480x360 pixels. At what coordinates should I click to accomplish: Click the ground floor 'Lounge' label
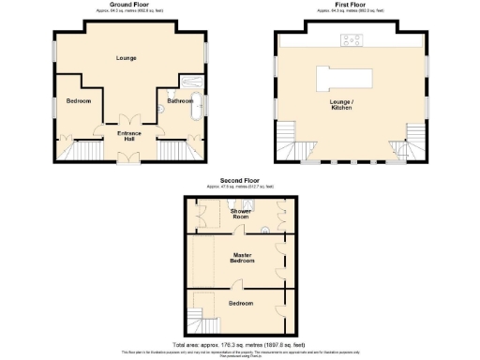(127, 58)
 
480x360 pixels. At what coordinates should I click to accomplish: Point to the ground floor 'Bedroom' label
(79, 100)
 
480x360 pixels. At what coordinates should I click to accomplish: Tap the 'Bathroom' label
(179, 99)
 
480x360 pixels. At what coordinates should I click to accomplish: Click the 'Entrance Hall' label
(128, 136)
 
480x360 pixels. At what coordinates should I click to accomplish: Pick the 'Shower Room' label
(240, 214)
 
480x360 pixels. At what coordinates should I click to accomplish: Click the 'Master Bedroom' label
(239, 257)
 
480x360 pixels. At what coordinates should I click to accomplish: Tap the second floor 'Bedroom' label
(240, 303)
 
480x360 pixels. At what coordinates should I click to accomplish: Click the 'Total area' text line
(240, 344)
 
